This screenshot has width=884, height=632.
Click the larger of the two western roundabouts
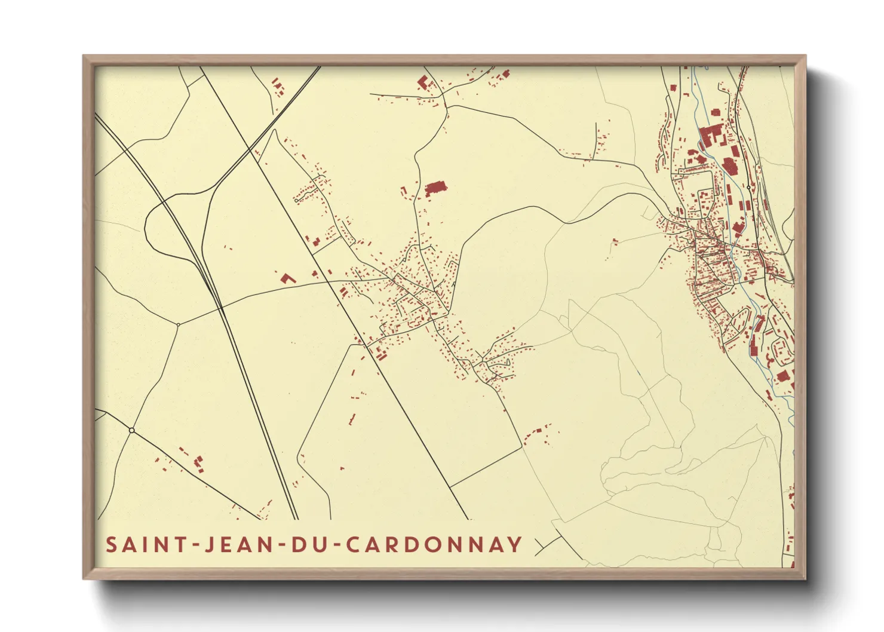pyautogui.click(x=131, y=430)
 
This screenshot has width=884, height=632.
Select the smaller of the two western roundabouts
pyautogui.click(x=178, y=324)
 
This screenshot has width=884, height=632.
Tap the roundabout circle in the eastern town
pyautogui.click(x=748, y=187)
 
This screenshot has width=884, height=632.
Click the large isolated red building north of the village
pyautogui.click(x=435, y=189)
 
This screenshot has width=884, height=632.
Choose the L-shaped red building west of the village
pyautogui.click(x=287, y=278)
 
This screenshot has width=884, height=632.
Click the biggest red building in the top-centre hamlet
pyautogui.click(x=423, y=82)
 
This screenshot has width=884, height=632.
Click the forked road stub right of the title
pyautogui.click(x=542, y=545)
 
